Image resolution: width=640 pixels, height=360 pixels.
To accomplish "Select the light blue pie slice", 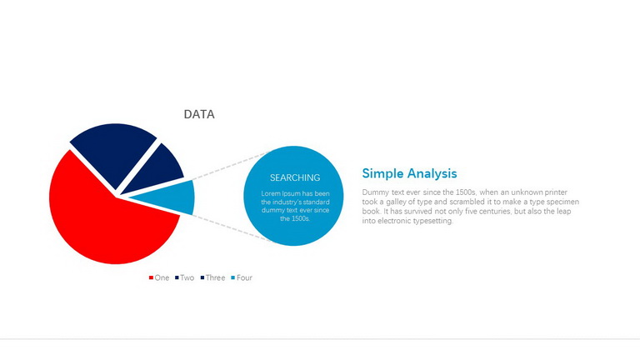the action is click(x=172, y=197).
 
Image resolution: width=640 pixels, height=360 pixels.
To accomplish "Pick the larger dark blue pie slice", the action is click(x=112, y=151).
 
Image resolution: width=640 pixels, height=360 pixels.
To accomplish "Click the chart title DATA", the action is click(x=199, y=114).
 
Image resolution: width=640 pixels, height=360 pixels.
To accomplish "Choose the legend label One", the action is click(x=162, y=277).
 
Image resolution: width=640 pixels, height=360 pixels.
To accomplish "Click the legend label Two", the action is click(x=187, y=277).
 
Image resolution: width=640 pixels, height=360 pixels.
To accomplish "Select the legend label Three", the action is click(x=215, y=277).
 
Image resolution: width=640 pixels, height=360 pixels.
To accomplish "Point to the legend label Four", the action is click(x=244, y=277).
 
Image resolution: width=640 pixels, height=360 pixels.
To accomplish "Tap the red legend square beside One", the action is click(x=151, y=277).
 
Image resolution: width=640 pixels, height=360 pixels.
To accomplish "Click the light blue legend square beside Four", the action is click(x=233, y=277).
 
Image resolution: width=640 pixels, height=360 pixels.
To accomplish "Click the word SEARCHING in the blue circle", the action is click(x=295, y=177).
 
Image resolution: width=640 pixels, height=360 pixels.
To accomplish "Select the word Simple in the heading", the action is click(x=382, y=173).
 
